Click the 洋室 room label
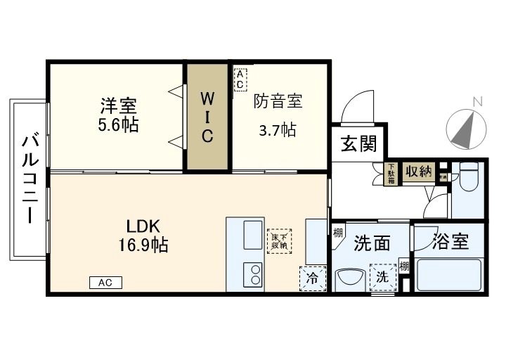tap(118, 106)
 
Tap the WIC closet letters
tap(207, 115)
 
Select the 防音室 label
tap(278, 102)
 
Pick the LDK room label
tap(144, 226)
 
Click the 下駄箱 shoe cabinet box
tap(391, 174)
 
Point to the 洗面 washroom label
tap(372, 243)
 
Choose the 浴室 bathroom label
tap(450, 243)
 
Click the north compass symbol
tap(466, 127)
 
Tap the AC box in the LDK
tap(105, 283)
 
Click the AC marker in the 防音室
tap(240, 79)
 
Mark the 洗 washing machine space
tap(382, 277)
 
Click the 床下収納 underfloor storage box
tap(278, 240)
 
